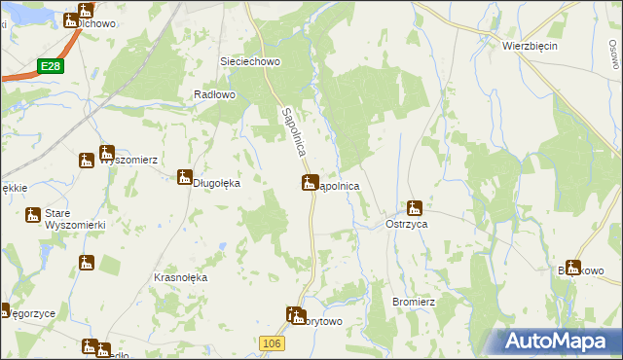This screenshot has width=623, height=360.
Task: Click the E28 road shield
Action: click(52, 65)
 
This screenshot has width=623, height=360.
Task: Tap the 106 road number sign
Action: click(273, 342)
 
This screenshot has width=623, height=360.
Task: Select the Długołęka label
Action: click(218, 182)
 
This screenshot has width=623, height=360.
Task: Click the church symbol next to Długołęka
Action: click(184, 176)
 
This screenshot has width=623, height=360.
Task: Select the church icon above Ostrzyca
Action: click(414, 207)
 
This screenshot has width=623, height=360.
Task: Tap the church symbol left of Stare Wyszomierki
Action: click(34, 215)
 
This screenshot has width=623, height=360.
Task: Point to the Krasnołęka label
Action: click(181, 277)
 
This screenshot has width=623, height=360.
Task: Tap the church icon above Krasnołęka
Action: click(87, 262)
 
